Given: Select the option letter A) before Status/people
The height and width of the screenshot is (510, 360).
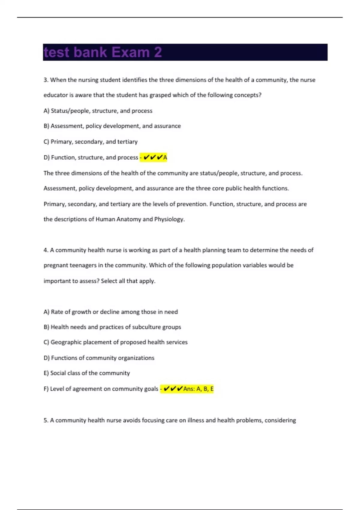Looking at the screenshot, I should click(x=46, y=111).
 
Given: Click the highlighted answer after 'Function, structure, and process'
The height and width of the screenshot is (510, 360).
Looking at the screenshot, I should click(x=154, y=157).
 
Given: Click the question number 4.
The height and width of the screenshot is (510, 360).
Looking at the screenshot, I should click(x=46, y=250).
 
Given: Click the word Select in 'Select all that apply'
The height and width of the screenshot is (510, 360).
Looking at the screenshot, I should click(x=109, y=281).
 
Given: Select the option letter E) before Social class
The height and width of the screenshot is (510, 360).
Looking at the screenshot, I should click(x=46, y=373).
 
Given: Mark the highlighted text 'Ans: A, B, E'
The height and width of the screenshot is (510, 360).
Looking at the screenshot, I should click(x=198, y=389).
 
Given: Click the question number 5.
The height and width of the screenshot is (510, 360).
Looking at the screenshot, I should click(x=46, y=421).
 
